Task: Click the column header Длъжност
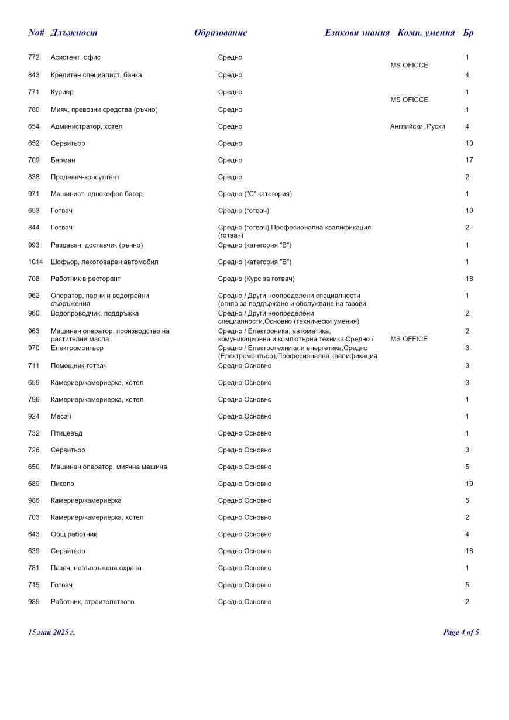pos(74,33)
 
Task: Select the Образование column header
pos(221,33)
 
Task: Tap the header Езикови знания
pos(357,33)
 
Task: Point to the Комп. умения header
pos(426,33)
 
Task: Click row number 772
pos(33,57)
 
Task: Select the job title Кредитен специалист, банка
pos(96,75)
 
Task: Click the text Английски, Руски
pos(417,126)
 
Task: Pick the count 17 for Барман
pos(469,160)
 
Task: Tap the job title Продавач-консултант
pos(85,177)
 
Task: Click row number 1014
pos(35,262)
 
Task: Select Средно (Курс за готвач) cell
pos(256,279)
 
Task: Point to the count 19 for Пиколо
pos(469,484)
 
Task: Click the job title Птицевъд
pos(67,433)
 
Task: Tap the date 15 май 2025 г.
pos(51,632)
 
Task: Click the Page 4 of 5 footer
pos(461,632)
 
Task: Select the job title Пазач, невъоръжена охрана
pos(96,568)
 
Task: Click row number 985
pos(33,602)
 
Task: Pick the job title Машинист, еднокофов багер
pos(97,194)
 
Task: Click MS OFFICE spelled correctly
pos(408,339)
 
